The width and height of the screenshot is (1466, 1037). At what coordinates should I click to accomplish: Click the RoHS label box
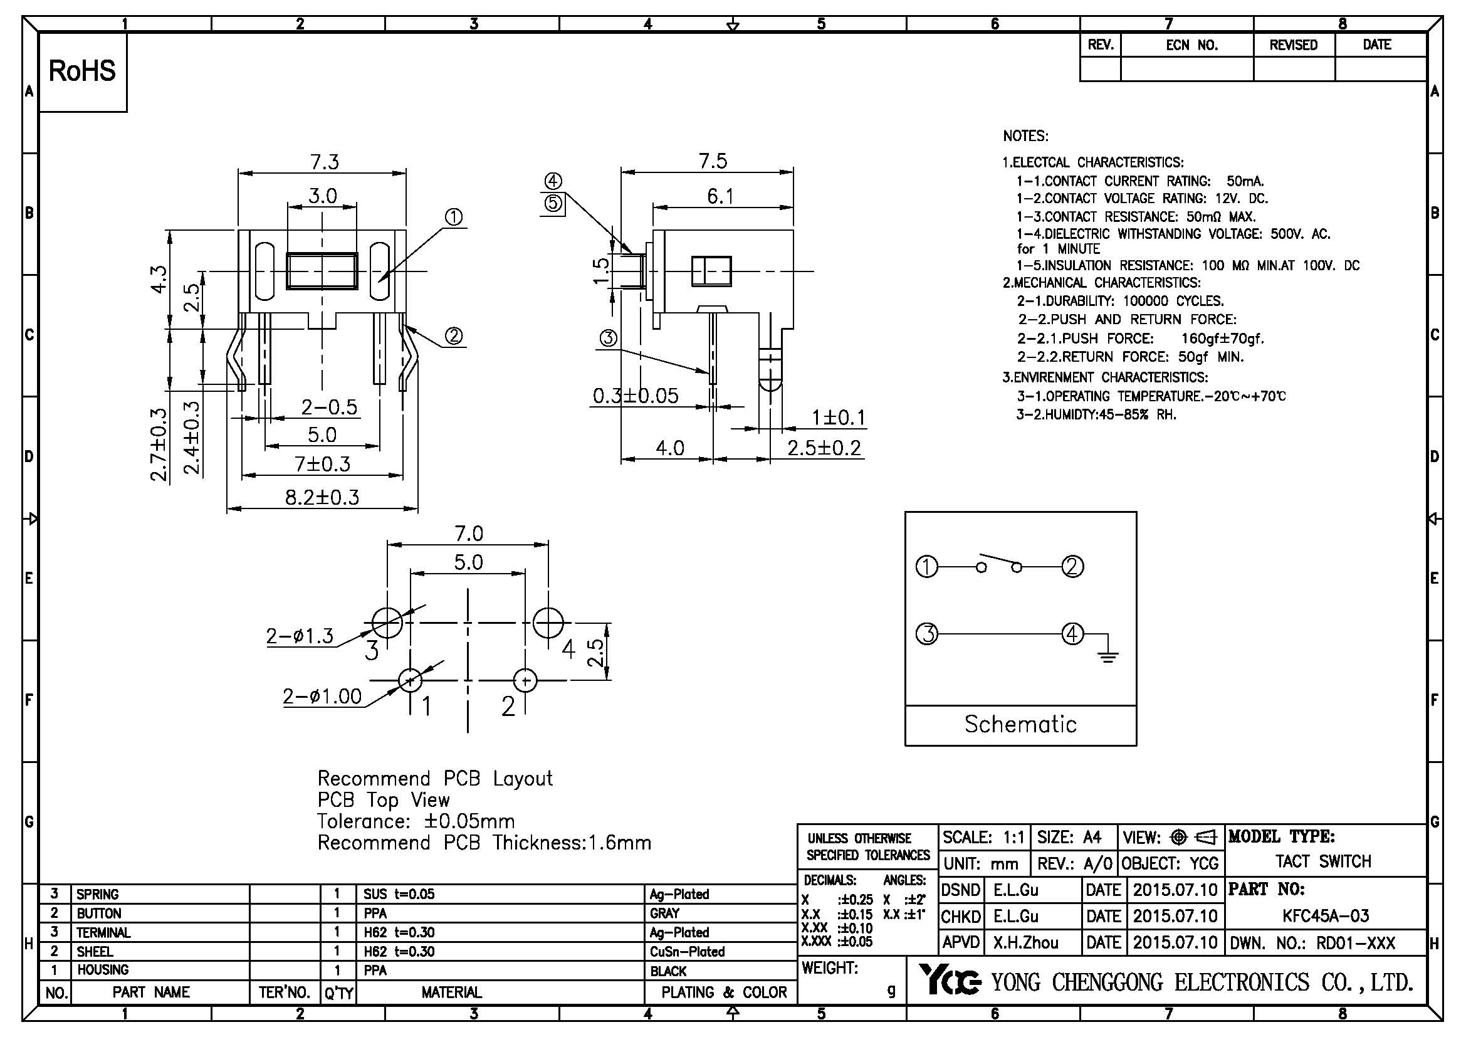(x=82, y=71)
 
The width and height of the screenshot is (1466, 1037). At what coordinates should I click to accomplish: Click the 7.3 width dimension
(x=325, y=162)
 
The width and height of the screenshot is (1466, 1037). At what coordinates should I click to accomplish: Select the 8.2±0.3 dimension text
(x=322, y=497)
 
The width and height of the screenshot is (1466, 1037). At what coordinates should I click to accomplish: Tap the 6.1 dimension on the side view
(x=720, y=197)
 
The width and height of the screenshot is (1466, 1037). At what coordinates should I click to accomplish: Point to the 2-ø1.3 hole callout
(x=300, y=636)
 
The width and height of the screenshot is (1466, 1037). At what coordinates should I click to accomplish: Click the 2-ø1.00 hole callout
(x=322, y=696)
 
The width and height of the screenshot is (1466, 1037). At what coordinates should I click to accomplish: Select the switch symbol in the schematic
(x=999, y=564)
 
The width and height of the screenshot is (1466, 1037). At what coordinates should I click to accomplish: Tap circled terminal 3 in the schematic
(x=926, y=634)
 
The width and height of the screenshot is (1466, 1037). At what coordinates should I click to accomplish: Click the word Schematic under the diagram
(x=1020, y=724)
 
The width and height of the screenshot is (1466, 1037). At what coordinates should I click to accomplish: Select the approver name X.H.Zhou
(x=1025, y=942)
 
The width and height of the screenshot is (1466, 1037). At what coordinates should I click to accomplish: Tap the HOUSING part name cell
(x=103, y=970)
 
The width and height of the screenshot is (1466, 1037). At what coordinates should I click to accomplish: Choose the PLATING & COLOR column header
(x=723, y=992)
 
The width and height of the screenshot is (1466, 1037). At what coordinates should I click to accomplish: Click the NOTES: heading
(x=1025, y=136)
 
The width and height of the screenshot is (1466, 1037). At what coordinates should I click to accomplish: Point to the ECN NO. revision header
(x=1191, y=45)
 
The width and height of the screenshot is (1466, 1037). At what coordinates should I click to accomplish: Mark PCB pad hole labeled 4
(x=548, y=623)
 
